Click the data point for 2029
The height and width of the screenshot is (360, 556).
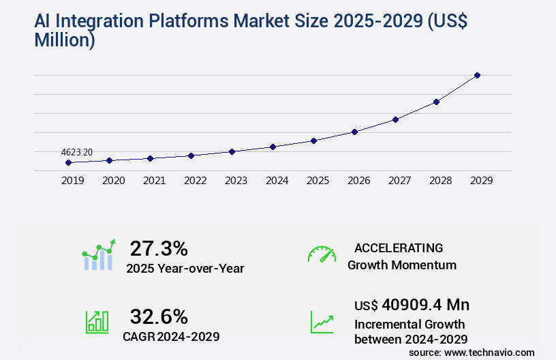[477, 75]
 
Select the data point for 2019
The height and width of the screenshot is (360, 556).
[68, 162]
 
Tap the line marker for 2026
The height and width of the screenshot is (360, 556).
[354, 132]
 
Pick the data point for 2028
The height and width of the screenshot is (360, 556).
[436, 102]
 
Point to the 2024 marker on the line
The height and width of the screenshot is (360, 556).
[273, 147]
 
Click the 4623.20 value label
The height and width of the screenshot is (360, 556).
[77, 153]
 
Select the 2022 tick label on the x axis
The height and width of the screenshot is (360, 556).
[195, 181]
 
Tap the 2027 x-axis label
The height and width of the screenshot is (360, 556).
[399, 181]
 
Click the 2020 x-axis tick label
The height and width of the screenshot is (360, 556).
[113, 181]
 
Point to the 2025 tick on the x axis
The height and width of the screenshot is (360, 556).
[318, 181]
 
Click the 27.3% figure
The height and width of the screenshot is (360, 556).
[159, 247]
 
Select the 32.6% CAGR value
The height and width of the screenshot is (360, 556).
[159, 316]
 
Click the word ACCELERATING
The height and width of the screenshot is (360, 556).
[399, 247]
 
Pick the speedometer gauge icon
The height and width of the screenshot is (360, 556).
[322, 254]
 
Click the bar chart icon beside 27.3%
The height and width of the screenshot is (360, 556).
[99, 255]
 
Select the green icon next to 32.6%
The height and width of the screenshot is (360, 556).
[97, 322]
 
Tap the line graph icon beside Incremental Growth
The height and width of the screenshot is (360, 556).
[322, 322]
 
